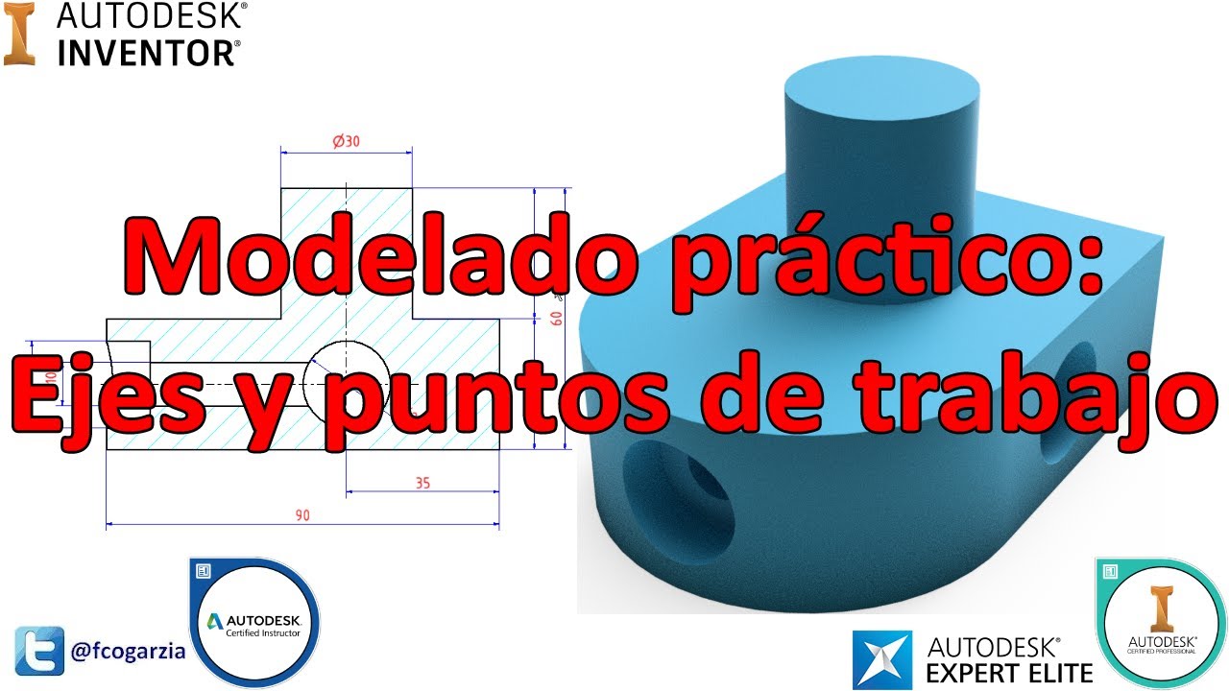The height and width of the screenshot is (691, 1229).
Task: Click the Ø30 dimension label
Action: (346, 141)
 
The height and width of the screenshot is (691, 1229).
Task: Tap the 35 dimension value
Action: (422, 483)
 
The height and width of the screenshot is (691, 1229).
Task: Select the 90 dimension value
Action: (302, 515)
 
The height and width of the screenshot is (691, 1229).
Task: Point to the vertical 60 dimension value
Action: (556, 319)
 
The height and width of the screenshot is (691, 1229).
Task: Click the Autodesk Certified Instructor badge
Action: (254, 622)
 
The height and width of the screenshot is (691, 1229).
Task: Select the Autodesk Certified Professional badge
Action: (1161, 623)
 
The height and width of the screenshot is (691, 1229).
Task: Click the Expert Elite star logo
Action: (881, 661)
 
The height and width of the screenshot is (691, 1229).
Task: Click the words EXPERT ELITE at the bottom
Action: (1008, 671)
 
